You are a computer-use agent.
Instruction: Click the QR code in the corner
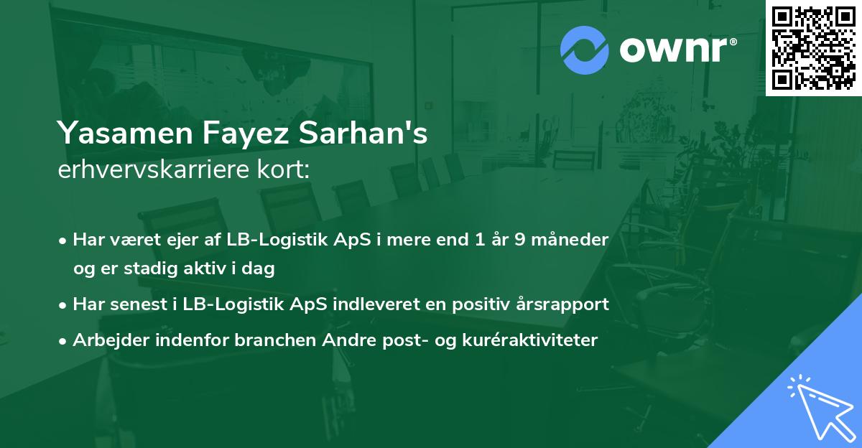coord(813,47)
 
